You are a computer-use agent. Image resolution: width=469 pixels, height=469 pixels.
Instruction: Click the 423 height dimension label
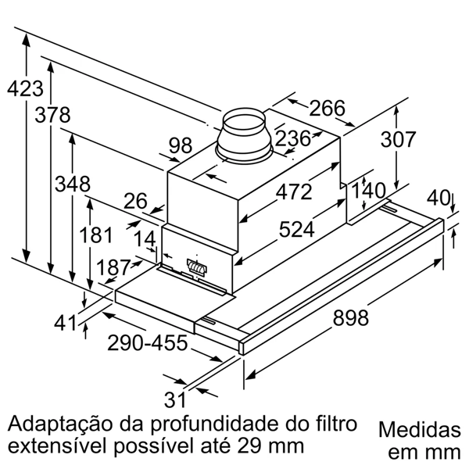point(23,88)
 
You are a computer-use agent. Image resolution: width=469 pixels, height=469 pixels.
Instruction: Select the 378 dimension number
point(53,115)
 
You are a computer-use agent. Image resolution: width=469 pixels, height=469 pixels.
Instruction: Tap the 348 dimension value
point(72,184)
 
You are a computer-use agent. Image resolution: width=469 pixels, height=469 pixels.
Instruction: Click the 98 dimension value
point(181,145)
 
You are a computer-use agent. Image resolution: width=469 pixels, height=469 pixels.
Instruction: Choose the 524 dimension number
point(296,229)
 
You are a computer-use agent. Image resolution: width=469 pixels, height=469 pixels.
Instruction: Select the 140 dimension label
point(368,191)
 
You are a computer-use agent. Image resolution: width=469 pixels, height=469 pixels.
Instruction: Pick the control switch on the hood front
point(196,267)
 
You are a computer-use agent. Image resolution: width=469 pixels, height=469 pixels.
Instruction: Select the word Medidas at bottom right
point(419,431)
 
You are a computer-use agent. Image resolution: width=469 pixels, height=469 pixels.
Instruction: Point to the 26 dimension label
point(135,202)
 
